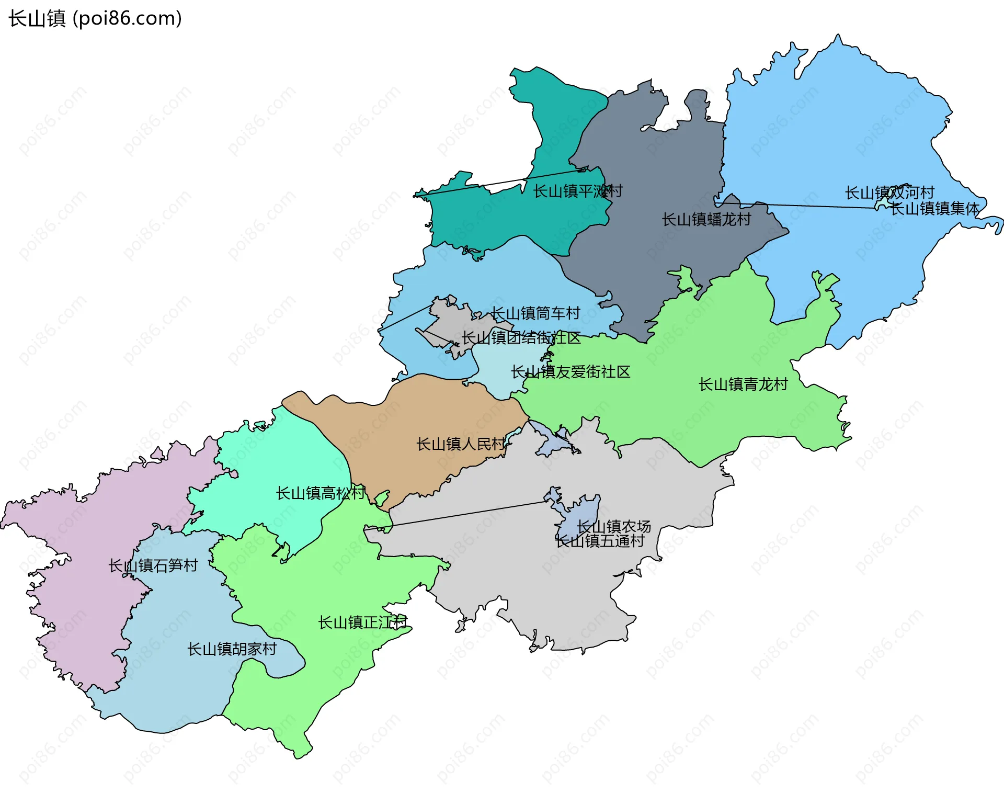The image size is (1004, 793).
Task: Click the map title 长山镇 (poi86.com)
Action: (95, 18)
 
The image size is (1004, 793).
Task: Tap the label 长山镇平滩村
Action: (577, 191)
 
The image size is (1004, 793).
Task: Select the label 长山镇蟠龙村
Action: (706, 219)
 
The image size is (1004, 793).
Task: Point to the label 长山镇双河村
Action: (889, 192)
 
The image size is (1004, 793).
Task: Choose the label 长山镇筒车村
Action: (535, 313)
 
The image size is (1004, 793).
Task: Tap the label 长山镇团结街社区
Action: (521, 338)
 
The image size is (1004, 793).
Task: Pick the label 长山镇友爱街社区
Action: (570, 372)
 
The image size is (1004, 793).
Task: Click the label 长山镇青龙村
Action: (743, 384)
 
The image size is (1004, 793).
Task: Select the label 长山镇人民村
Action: (460, 444)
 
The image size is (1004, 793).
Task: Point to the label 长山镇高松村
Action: (320, 493)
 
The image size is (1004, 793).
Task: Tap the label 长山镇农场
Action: (613, 526)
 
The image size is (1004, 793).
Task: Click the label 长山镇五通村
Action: (600, 541)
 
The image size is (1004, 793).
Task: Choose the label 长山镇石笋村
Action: (153, 565)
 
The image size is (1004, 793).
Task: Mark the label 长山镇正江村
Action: (362, 622)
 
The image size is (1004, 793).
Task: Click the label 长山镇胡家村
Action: (232, 649)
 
